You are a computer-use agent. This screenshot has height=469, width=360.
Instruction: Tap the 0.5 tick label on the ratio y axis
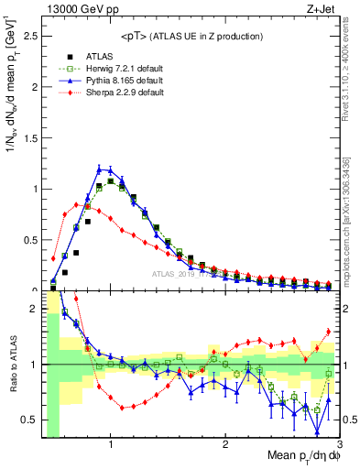(28, 420)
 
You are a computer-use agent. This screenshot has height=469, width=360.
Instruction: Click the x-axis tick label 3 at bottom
(339, 444)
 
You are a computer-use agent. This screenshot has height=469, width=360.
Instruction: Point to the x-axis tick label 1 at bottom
(111, 444)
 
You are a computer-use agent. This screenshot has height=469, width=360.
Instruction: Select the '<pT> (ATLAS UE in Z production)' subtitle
(190, 36)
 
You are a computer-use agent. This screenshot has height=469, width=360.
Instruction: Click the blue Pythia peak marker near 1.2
(100, 168)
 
